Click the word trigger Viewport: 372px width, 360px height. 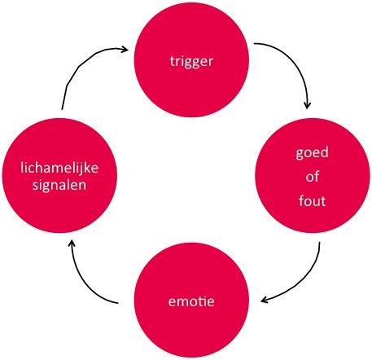point(191,61)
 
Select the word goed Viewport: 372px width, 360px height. point(312,153)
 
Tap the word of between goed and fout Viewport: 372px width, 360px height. point(313,177)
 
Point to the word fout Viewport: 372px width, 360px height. point(313,201)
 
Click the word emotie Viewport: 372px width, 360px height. point(191,301)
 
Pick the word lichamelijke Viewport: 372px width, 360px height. point(59,168)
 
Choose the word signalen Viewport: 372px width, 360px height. point(59,186)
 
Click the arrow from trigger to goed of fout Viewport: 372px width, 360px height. point(294,63)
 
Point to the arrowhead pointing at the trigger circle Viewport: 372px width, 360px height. point(125,49)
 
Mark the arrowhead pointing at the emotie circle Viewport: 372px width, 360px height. point(265,300)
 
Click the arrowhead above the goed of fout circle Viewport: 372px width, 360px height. point(307,105)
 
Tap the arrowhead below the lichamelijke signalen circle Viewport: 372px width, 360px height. point(72,244)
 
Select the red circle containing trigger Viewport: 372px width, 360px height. point(191,60)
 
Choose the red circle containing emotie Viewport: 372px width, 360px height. point(191,300)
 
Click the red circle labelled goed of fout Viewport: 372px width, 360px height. point(313,175)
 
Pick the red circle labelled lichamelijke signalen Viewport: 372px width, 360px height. point(59,175)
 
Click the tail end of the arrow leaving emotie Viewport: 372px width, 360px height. point(118,303)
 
